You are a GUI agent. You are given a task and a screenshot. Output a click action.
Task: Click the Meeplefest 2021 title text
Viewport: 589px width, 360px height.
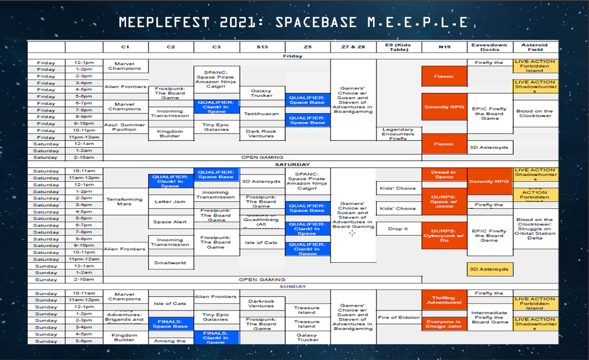click(294, 23)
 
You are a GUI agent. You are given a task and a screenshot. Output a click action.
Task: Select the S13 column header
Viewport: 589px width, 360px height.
click(262, 47)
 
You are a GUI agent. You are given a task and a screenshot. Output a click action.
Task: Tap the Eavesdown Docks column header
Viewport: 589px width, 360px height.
click(490, 47)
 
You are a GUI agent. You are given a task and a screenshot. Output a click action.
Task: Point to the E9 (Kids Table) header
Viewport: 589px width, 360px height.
click(398, 47)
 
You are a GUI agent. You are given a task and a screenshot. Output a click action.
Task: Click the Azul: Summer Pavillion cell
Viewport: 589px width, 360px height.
click(125, 127)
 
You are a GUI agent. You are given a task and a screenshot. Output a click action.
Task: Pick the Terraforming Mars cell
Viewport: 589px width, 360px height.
click(125, 201)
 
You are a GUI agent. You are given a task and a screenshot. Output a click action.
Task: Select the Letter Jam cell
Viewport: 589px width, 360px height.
click(170, 201)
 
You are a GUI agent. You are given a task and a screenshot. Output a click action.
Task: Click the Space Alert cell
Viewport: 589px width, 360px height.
click(170, 222)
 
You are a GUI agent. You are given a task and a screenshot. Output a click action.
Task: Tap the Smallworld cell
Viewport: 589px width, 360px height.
click(170, 263)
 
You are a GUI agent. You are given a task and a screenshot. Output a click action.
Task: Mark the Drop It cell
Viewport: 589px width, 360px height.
click(398, 229)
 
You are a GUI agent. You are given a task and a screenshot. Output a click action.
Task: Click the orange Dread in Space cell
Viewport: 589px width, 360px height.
click(444, 174)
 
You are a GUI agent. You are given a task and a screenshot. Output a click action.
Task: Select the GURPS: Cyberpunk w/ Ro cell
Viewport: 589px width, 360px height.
click(444, 236)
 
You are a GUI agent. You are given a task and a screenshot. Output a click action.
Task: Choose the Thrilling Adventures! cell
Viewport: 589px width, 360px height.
click(444, 300)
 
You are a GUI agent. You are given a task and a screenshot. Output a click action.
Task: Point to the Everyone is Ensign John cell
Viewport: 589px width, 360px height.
click(444, 324)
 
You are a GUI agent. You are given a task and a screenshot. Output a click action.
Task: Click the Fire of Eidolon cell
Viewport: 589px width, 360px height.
click(399, 317)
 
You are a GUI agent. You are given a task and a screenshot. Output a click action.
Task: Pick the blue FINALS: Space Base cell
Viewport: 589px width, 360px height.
click(170, 324)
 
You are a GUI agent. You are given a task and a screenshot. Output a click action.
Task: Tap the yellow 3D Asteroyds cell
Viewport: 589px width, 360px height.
click(489, 269)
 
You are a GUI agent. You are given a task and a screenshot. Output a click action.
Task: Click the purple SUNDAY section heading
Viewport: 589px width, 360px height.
click(293, 286)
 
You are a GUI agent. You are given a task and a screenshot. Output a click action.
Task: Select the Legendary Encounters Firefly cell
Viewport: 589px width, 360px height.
click(399, 134)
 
